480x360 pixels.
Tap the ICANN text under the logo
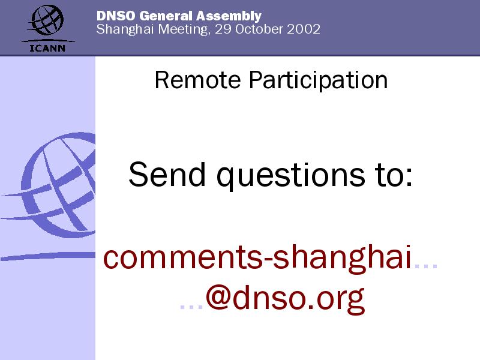(47, 48)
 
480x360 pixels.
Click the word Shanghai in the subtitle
(125, 29)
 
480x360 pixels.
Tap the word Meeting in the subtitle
(184, 29)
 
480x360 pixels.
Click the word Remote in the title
(198, 80)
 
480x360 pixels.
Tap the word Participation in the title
(318, 81)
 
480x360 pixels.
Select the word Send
(167, 174)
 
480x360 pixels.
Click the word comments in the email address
(183, 257)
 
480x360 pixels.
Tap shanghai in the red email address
(341, 258)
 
